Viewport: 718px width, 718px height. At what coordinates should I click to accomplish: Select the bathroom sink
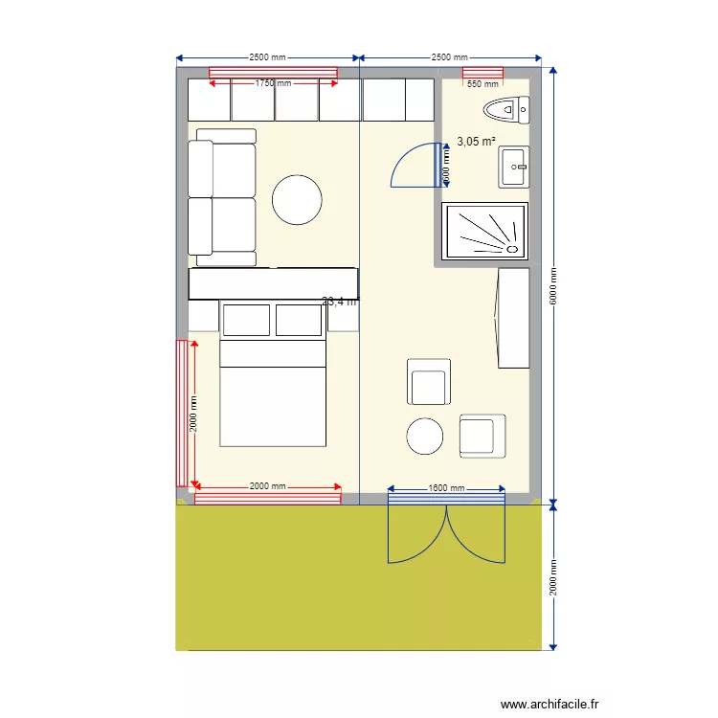click(513, 168)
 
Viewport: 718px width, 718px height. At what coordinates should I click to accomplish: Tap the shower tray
click(484, 231)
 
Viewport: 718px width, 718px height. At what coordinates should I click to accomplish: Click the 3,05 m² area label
click(476, 142)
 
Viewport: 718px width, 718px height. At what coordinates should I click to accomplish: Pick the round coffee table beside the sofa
click(296, 200)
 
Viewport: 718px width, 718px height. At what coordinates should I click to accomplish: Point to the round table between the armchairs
click(425, 437)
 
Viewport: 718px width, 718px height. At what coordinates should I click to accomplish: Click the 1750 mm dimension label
click(273, 83)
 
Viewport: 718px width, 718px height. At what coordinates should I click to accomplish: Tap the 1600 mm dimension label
click(446, 488)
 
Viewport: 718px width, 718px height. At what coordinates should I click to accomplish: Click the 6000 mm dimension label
click(552, 285)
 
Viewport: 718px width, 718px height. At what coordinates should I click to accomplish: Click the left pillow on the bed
click(246, 320)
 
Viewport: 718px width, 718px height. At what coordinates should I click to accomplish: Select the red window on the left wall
click(180, 413)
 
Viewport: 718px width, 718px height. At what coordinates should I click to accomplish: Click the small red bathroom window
click(483, 73)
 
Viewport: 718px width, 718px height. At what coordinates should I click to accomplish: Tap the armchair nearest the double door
click(482, 435)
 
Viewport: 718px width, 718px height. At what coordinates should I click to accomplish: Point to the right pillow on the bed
click(299, 320)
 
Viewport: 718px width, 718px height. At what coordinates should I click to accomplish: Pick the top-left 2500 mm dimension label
click(267, 57)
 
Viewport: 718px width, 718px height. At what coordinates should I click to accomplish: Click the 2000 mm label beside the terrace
click(552, 577)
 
